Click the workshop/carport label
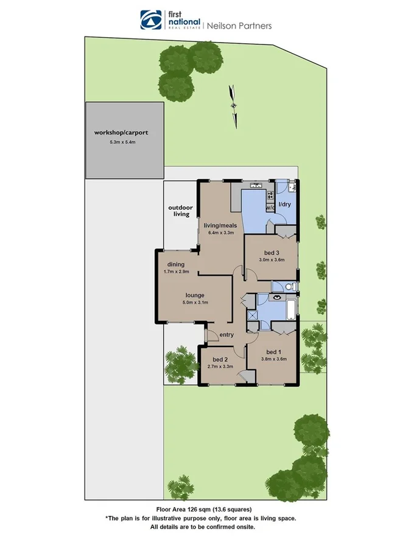[121, 132]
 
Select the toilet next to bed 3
[291, 286]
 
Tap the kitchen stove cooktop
[269, 195]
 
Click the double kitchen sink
[255, 184]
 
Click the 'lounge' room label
[195, 295]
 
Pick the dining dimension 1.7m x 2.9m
[177, 272]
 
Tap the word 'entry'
[227, 335]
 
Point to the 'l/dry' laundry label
[284, 205]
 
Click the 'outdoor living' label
[180, 211]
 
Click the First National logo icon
[149, 19]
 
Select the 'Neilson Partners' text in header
[239, 26]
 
